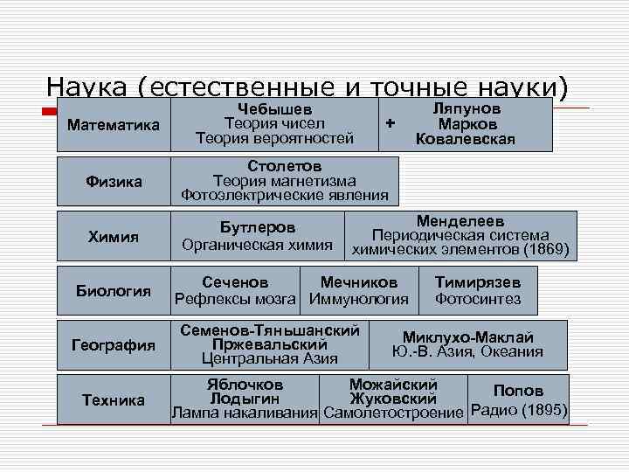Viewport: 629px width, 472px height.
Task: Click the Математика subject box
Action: (114, 126)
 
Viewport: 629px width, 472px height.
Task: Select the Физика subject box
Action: (114, 182)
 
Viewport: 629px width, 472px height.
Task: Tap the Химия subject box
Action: (114, 236)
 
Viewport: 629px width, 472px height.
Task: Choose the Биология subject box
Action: (114, 291)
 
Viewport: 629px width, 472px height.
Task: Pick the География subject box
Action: (114, 345)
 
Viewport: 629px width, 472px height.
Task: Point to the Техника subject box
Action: (114, 400)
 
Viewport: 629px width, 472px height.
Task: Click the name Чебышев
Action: (274, 109)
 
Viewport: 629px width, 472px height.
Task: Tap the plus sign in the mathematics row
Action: (390, 123)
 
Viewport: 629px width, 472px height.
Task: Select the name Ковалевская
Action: (466, 139)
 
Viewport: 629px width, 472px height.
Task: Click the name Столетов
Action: (284, 166)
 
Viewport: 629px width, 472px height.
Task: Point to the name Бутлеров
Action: (257, 228)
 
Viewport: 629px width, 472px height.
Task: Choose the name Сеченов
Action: (235, 283)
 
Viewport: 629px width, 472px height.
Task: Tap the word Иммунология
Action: (359, 300)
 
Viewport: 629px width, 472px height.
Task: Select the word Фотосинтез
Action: (478, 300)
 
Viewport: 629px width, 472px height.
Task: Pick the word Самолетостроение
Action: (393, 412)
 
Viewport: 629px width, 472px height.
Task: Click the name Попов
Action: (518, 391)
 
